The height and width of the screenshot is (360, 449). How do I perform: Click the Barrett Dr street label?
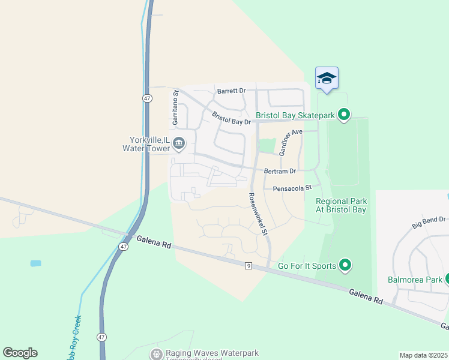(x=232, y=91)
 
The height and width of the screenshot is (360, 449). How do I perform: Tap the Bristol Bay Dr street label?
(x=231, y=118)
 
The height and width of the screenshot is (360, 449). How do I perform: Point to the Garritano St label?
(x=176, y=108)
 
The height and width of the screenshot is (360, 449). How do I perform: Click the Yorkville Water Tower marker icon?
(x=179, y=143)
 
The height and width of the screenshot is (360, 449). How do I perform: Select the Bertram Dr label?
(x=280, y=171)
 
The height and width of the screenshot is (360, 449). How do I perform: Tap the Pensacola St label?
(x=293, y=188)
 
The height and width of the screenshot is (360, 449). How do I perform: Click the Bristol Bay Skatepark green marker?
(x=344, y=114)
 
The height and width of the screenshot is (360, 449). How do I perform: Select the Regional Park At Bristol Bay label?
(x=341, y=206)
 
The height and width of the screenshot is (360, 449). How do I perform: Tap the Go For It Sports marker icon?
(x=345, y=265)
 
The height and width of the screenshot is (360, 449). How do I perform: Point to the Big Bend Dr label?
(x=430, y=221)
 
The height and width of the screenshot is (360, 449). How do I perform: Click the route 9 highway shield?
(x=248, y=266)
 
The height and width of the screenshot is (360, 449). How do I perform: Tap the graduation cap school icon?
(x=327, y=79)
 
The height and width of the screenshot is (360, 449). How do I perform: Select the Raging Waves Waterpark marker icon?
(x=157, y=355)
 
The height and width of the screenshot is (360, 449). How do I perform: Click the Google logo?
(x=20, y=353)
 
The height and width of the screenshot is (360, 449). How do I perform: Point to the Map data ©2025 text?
(x=423, y=355)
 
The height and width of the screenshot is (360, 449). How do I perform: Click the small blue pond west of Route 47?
(x=36, y=263)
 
